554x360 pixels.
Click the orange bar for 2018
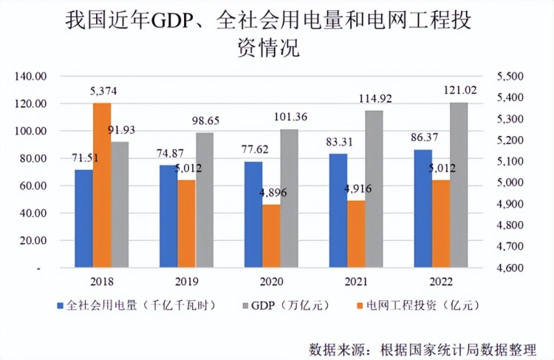pyautogui.click(x=102, y=185)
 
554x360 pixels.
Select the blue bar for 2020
pyautogui.click(x=253, y=214)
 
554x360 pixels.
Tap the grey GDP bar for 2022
pyautogui.click(x=459, y=185)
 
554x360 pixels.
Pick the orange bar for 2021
pyautogui.click(x=356, y=234)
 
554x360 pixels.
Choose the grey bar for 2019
pyautogui.click(x=204, y=200)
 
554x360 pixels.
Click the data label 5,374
pyautogui.click(x=103, y=92)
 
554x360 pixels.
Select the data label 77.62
pyautogui.click(x=253, y=149)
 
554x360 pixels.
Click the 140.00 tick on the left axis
pyautogui.click(x=32, y=76)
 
